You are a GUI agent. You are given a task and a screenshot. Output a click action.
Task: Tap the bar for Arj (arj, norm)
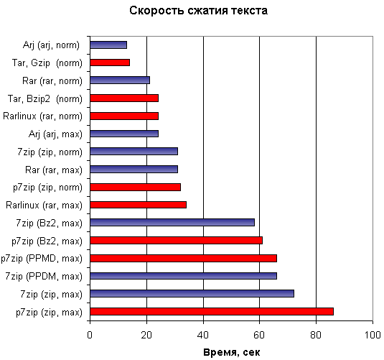[x=108, y=45]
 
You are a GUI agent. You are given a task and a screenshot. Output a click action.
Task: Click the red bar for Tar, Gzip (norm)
[x=110, y=63]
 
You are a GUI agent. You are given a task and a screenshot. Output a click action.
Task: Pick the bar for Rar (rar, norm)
[x=120, y=80]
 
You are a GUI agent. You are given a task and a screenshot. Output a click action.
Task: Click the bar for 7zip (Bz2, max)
[x=172, y=222]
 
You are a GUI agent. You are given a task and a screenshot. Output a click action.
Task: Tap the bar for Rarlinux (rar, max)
[x=138, y=205]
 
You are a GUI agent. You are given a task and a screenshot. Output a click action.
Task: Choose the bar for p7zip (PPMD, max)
[x=183, y=258]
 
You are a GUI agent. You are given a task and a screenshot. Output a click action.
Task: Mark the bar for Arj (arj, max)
[x=124, y=134]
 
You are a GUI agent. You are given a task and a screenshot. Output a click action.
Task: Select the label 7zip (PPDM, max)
[x=44, y=276]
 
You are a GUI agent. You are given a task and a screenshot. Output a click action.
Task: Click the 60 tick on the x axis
[x=259, y=335]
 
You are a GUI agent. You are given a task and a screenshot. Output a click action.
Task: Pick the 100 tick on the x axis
[x=373, y=335]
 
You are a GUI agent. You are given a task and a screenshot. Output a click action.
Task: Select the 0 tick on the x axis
[x=90, y=335]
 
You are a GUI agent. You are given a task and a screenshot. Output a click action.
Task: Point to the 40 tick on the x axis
[x=203, y=335]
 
